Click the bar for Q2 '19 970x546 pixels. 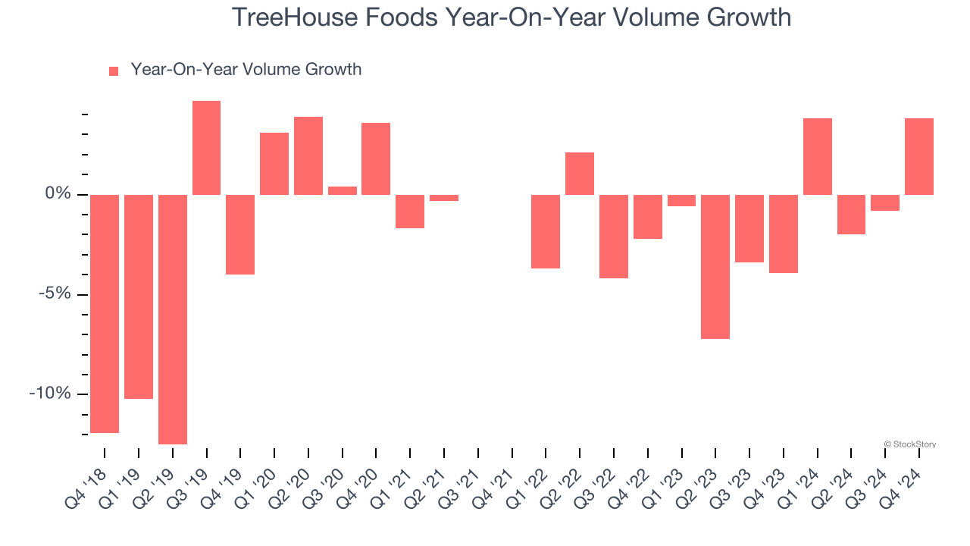pyautogui.click(x=173, y=318)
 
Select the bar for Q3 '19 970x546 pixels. pyautogui.click(x=206, y=148)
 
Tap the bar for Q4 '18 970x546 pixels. pyautogui.click(x=105, y=313)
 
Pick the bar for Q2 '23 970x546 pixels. pyautogui.click(x=715, y=266)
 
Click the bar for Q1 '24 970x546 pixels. pyautogui.click(x=818, y=156)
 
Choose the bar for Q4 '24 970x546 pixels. pyautogui.click(x=919, y=156)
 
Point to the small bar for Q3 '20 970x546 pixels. pyautogui.click(x=343, y=190)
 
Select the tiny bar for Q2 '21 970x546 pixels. pyautogui.click(x=444, y=198)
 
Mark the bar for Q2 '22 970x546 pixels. pyautogui.click(x=580, y=174)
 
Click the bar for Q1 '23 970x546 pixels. pyautogui.click(x=681, y=200)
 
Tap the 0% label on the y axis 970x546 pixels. pyautogui.click(x=58, y=194)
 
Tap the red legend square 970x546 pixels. pyautogui.click(x=114, y=71)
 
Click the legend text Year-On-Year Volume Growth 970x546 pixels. pyautogui.click(x=246, y=70)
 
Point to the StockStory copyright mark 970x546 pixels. pyautogui.click(x=910, y=444)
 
